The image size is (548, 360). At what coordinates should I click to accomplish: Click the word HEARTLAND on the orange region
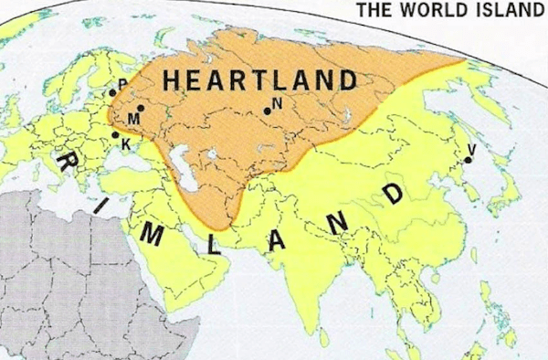(259, 80)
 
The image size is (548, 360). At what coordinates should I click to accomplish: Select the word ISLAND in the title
(503, 11)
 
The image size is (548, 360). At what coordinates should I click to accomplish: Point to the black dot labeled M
(140, 108)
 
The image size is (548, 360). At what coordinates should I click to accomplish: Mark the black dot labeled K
(115, 135)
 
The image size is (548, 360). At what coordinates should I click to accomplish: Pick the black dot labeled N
(267, 111)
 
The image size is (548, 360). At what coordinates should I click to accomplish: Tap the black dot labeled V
(467, 160)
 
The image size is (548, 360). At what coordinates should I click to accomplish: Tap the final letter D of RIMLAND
(394, 195)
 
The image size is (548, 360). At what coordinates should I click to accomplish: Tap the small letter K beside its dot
(124, 143)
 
